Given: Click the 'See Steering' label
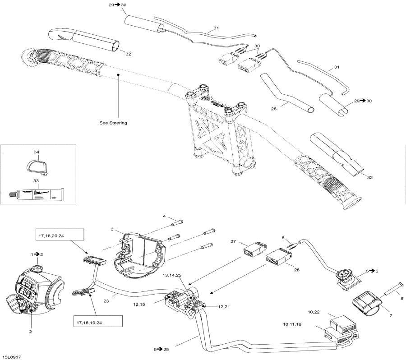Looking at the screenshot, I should (113, 123).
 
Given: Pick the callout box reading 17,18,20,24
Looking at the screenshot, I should (60, 235).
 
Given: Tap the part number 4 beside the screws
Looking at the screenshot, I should (165, 216).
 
